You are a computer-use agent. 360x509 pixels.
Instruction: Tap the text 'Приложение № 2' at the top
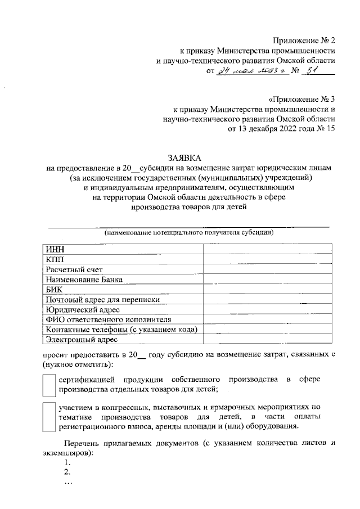(304, 40)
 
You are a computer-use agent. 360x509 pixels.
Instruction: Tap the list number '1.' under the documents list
(68, 462)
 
